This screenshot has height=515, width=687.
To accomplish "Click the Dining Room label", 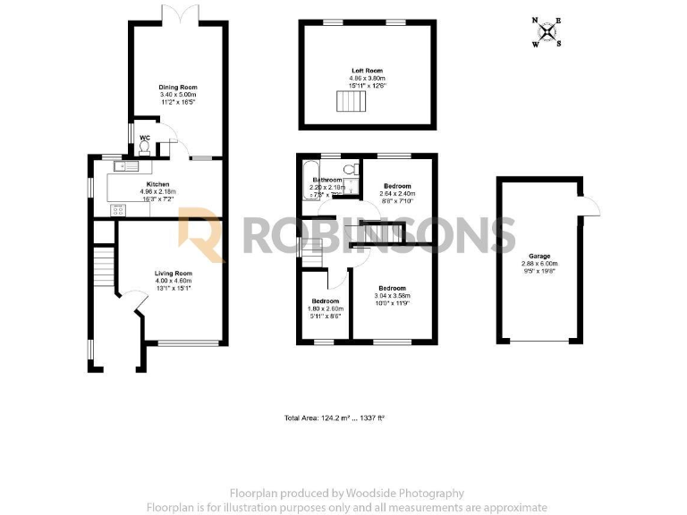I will tap(177, 87).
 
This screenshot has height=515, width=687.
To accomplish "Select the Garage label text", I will tap(539, 253).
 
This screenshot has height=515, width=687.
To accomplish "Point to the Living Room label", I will tap(174, 273).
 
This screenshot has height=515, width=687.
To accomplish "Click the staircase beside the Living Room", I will tap(105, 265).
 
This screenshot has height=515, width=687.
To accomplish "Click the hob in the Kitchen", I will tap(117, 210).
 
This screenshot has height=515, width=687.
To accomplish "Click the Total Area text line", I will tap(334, 418).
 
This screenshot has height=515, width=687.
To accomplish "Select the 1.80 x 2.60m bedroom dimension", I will tap(325, 308).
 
